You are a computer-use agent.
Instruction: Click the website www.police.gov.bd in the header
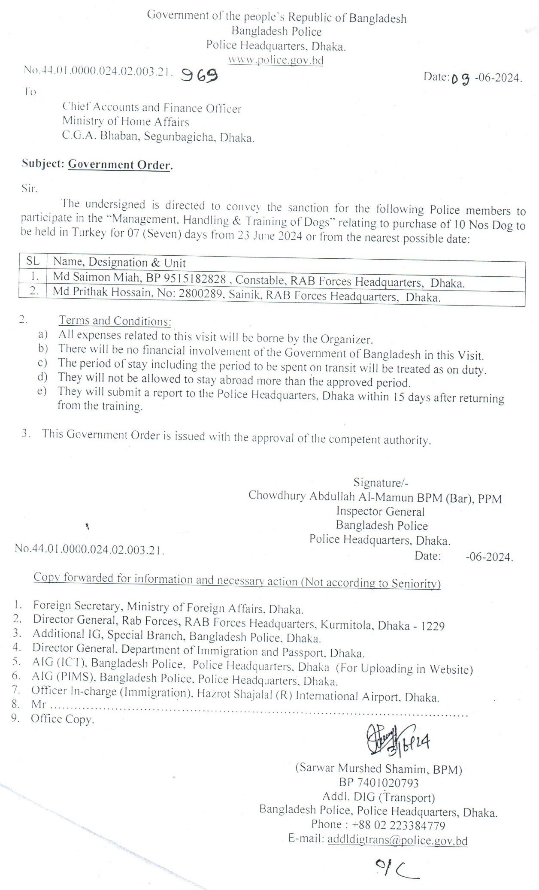click(x=276, y=60)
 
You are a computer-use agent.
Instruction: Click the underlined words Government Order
click(x=120, y=165)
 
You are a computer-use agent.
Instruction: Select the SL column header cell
click(x=33, y=261)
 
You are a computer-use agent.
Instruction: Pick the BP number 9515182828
click(x=186, y=279)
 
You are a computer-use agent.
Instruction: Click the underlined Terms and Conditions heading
click(x=115, y=321)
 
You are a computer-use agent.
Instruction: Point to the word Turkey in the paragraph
click(x=89, y=233)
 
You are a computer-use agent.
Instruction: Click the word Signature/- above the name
click(x=381, y=482)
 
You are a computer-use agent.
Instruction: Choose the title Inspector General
click(x=380, y=511)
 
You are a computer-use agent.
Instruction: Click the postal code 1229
click(x=433, y=626)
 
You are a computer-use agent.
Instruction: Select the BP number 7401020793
click(x=379, y=783)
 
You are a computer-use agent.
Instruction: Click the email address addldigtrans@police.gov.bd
click(x=397, y=840)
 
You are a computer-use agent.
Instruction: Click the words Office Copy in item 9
click(x=62, y=719)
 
